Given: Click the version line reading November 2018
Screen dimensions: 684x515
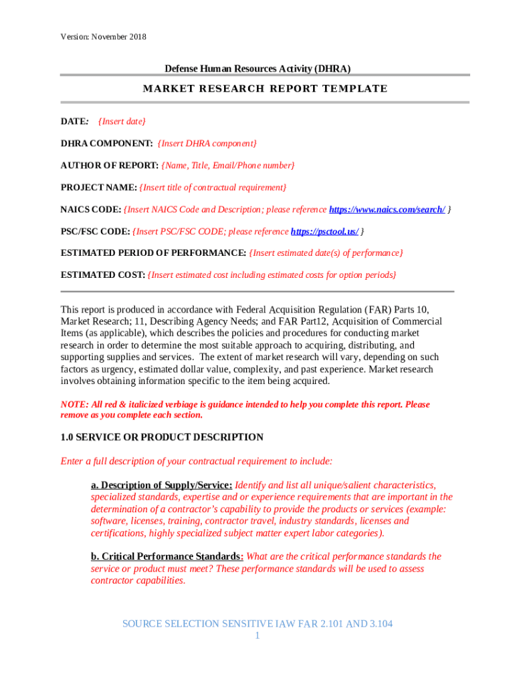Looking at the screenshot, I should point(103,36).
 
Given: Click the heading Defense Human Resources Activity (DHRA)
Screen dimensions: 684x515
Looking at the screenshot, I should point(257,68).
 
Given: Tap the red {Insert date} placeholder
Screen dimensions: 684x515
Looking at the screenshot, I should point(122,121).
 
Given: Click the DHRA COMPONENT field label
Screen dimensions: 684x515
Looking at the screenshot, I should point(107,143).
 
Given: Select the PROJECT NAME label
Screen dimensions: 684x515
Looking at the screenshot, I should point(98,187).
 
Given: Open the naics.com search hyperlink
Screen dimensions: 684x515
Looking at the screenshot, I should point(387,209).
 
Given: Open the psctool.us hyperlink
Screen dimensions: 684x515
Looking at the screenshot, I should point(324,231).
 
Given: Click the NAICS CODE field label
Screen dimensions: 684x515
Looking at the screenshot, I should point(91,209).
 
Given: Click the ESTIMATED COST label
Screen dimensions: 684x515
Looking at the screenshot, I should point(102,275).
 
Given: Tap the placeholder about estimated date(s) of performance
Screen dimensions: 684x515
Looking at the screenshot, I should point(326,253).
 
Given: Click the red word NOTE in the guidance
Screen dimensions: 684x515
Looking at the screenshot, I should point(74,404).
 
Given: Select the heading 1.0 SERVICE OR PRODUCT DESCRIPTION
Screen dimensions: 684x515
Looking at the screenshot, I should point(162,437).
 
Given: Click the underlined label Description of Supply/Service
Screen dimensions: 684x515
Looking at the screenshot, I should point(161,485).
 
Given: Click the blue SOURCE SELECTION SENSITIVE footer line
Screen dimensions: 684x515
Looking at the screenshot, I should point(257,624).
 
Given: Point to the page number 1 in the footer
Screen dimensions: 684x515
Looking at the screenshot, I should point(257,635).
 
